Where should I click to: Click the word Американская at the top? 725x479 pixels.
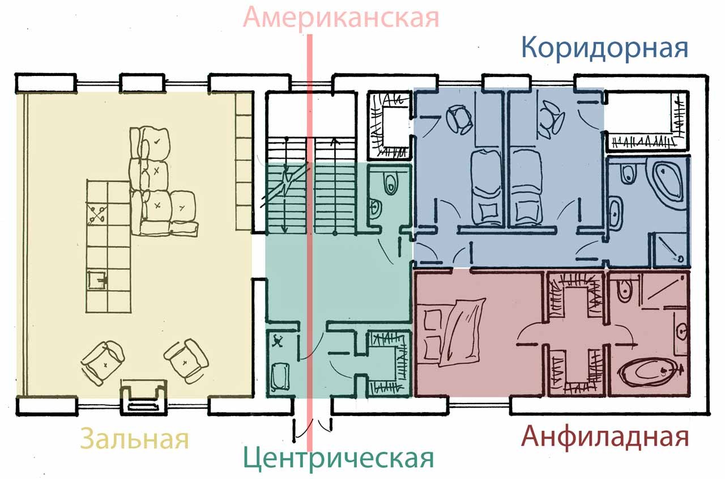point(341,17)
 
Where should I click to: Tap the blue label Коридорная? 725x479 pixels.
point(604,49)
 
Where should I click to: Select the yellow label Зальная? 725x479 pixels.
point(134,439)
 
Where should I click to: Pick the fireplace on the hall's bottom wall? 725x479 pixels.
point(143,397)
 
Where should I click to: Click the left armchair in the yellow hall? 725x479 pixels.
point(103,362)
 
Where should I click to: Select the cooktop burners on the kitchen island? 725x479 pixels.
point(97,214)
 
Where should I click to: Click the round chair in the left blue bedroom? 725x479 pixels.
point(459,120)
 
